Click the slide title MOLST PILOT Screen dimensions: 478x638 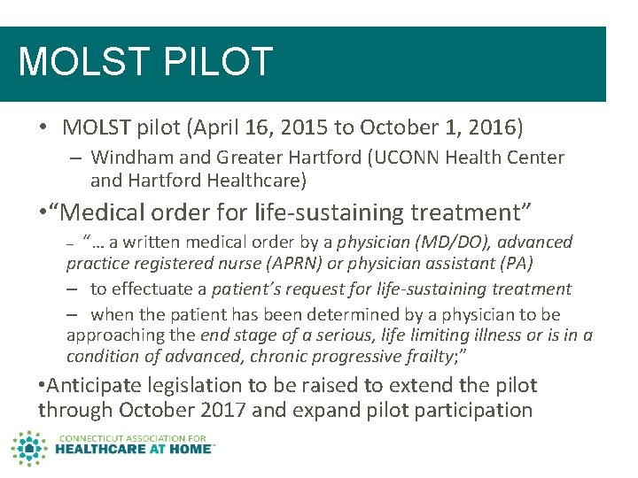(145, 63)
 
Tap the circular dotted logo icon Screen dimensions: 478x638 (30, 449)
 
